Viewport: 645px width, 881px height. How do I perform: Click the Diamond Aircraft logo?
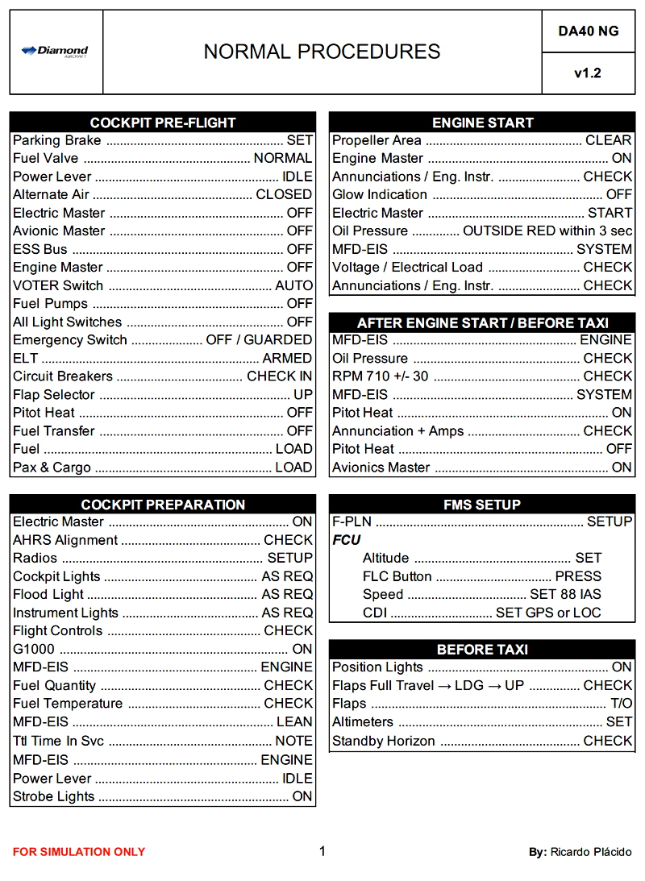55,52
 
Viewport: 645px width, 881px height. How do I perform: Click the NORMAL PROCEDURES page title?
322,52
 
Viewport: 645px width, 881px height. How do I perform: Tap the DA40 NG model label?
588,31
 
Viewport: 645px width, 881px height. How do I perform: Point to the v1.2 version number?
588,73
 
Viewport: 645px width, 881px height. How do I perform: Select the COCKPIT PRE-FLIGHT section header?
163,123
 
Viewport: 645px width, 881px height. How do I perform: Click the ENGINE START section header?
482,123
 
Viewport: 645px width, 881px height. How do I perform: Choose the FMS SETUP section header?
482,505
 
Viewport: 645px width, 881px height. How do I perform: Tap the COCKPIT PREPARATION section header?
163,505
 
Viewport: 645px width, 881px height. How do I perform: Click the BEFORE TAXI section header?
482,649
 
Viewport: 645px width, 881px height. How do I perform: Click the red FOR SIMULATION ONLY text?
79,852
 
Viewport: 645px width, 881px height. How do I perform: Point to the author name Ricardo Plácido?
591,852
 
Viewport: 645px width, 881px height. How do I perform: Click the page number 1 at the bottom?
322,851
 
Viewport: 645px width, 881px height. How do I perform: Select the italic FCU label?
347,540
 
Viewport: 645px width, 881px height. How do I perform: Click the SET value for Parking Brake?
299,140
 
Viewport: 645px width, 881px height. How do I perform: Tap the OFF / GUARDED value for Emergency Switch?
259,340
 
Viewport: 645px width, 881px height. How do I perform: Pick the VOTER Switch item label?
58,285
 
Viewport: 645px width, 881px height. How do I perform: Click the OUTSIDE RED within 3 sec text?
547,231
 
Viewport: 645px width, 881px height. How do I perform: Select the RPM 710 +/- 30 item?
381,376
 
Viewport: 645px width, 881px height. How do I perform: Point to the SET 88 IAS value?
565,595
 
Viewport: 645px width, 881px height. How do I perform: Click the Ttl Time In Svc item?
58,741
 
